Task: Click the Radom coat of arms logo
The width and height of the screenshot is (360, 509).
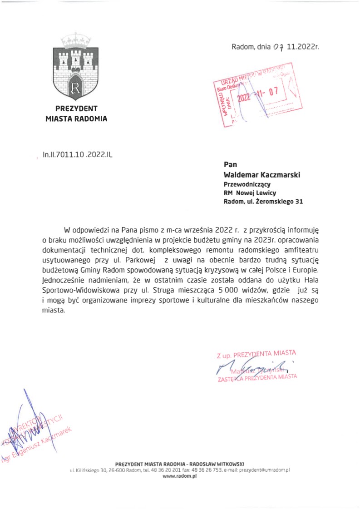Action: pos(76,68)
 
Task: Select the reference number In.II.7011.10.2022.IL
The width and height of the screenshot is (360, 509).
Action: pos(77,155)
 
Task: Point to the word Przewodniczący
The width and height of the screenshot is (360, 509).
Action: pos(247,184)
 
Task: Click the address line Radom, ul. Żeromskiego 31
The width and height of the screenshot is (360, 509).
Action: pos(263,202)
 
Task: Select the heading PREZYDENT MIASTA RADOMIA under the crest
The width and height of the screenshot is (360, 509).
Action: pos(76,114)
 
